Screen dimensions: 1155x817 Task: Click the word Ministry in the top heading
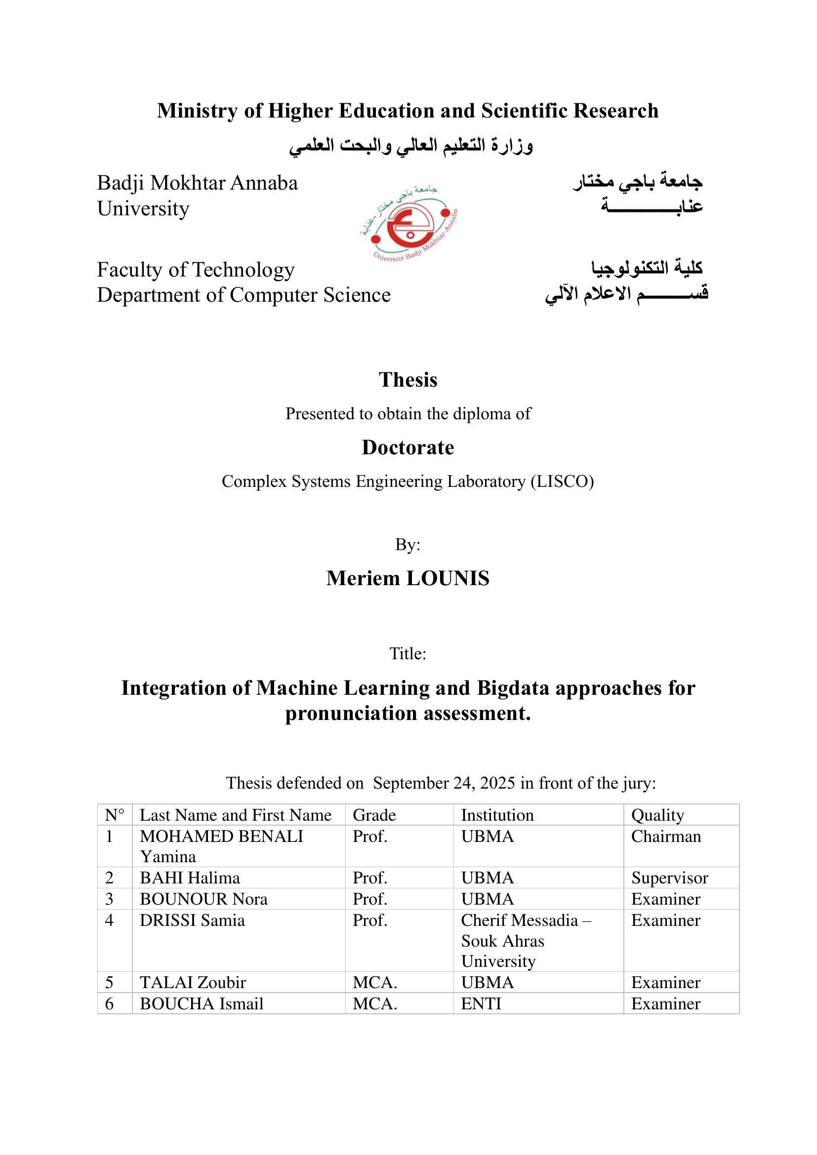click(x=197, y=111)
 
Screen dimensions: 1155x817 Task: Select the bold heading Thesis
click(x=408, y=380)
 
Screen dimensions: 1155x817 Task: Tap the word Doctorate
click(x=408, y=447)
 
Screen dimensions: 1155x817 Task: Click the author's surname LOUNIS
click(x=448, y=579)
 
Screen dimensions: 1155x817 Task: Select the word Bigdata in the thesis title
click(x=513, y=688)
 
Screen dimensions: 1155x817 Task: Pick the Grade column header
click(x=374, y=815)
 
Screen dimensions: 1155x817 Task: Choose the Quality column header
click(x=657, y=815)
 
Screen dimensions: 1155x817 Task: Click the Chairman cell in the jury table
click(x=666, y=836)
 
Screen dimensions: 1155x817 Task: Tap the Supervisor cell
click(x=670, y=878)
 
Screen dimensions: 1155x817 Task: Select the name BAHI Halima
click(x=190, y=878)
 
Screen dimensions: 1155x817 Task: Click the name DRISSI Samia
click(x=192, y=920)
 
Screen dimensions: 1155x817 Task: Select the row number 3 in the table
click(x=109, y=899)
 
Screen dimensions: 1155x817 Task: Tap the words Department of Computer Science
click(x=244, y=295)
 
